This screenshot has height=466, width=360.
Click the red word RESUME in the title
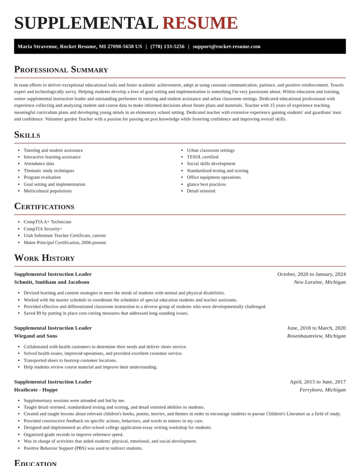(x=200, y=23)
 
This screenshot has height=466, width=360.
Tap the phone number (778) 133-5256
(x=167, y=46)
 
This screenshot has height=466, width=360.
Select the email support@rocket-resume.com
(x=226, y=46)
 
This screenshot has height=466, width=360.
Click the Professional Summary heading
(x=61, y=69)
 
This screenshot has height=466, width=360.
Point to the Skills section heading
(x=27, y=135)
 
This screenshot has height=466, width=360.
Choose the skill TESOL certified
(x=202, y=157)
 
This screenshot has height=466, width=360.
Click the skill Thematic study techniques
(x=49, y=171)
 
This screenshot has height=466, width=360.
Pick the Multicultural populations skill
(x=48, y=191)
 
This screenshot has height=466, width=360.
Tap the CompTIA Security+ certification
(x=43, y=229)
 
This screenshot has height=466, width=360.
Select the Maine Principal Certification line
(x=65, y=243)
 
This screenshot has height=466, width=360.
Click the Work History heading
(x=44, y=258)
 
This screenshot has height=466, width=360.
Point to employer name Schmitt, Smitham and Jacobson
(x=51, y=282)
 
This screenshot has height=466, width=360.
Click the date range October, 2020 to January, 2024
(x=311, y=274)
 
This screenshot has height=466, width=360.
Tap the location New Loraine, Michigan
(x=319, y=282)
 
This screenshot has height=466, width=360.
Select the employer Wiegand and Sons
(x=36, y=336)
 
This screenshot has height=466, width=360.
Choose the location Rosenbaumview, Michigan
(x=316, y=336)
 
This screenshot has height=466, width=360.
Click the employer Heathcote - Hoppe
(x=36, y=390)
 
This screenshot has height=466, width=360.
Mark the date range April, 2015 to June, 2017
(x=318, y=382)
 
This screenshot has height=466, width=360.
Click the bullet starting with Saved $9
(x=106, y=313)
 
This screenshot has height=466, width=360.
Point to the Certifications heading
(x=44, y=206)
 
